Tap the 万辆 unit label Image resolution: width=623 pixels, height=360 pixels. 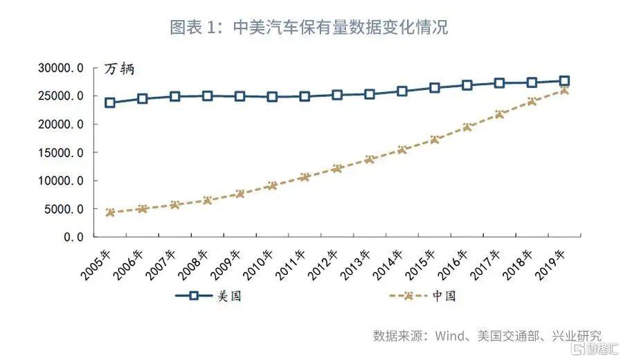click(x=119, y=69)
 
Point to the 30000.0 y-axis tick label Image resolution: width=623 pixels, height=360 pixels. click(x=61, y=68)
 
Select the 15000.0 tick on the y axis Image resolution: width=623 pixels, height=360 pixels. click(x=61, y=152)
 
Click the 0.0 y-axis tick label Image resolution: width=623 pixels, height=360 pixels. click(x=74, y=237)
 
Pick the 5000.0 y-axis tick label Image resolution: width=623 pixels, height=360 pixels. click(x=64, y=209)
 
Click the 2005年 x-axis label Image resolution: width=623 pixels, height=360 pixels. click(x=96, y=265)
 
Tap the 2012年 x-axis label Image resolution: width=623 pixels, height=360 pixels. click(x=323, y=265)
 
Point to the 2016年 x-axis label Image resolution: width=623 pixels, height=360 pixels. click(x=453, y=265)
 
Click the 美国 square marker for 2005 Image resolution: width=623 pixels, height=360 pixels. click(x=110, y=103)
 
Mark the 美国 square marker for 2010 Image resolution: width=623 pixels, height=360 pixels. click(x=272, y=97)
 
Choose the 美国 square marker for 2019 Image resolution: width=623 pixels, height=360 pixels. click(x=564, y=81)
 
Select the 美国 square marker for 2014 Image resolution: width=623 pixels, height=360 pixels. click(x=402, y=91)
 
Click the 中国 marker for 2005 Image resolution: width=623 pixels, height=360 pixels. click(x=110, y=213)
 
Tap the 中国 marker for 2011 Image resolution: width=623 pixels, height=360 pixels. click(x=305, y=177)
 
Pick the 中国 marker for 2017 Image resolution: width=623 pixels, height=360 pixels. click(x=499, y=115)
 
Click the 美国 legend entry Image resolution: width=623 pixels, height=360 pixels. click(x=208, y=296)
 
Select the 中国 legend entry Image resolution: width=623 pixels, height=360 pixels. click(x=422, y=296)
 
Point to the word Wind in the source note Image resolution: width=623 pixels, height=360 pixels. click(x=450, y=336)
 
